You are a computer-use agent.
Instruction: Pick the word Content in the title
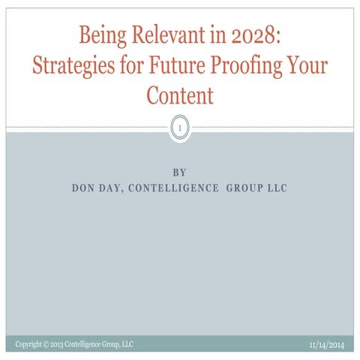coord(180,96)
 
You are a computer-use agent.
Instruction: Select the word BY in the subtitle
coord(180,172)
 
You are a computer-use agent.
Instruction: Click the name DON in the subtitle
coord(82,187)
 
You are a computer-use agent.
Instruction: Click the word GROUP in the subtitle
coord(244,187)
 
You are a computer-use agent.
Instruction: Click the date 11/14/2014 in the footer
coord(328,345)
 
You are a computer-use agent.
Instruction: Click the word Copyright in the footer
coord(29,344)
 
